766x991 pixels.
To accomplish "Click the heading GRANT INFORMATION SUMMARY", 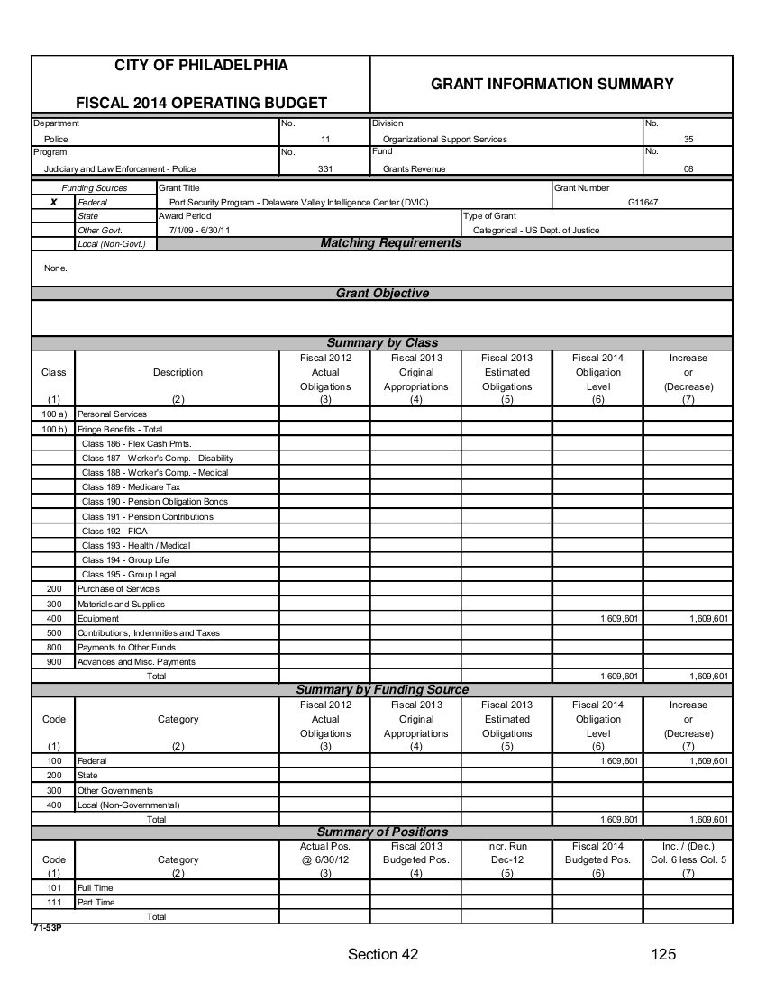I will click(x=552, y=84).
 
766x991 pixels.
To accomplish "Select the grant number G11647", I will click(x=643, y=203).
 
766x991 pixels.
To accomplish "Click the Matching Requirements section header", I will click(x=391, y=243).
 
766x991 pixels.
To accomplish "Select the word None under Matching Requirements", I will click(x=55, y=268).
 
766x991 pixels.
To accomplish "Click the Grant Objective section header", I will click(x=382, y=293).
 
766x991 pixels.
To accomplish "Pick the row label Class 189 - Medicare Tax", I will click(x=131, y=486).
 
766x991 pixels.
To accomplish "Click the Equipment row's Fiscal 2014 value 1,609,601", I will click(x=619, y=619).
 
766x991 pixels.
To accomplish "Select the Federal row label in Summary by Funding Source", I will click(x=92, y=761).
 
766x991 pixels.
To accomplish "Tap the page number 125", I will click(x=663, y=955).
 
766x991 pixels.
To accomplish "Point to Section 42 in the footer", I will click(x=383, y=955).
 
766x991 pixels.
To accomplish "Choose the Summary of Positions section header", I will click(x=382, y=832).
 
